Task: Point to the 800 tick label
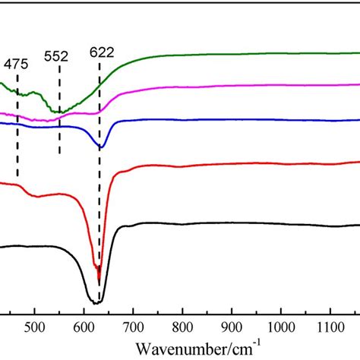coord(182,330)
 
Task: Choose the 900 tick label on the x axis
coord(232,330)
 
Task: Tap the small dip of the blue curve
coord(102,147)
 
